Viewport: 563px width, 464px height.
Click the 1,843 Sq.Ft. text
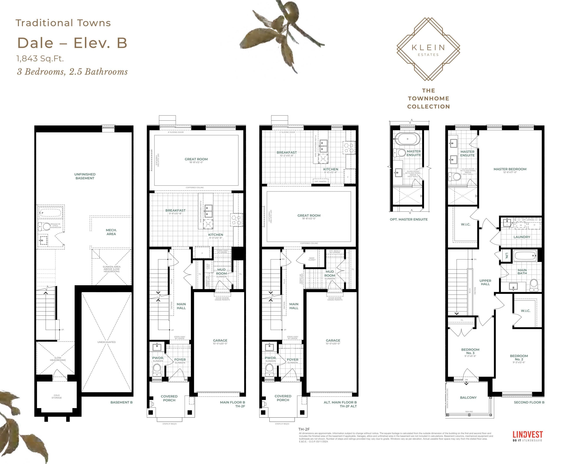[40, 59]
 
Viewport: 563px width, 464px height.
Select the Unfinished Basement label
[85, 176]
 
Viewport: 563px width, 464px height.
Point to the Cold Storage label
[57, 396]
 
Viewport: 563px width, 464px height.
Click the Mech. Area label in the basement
[111, 232]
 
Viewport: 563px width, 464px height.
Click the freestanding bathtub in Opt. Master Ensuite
[407, 139]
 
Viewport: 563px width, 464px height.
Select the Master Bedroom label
[510, 169]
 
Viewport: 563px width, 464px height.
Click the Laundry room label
[522, 237]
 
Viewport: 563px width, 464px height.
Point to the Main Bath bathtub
[525, 256]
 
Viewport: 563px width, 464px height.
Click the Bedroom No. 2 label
[519, 358]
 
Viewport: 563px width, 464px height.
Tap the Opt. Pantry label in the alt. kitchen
[320, 181]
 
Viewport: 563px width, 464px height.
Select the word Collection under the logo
[428, 107]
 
